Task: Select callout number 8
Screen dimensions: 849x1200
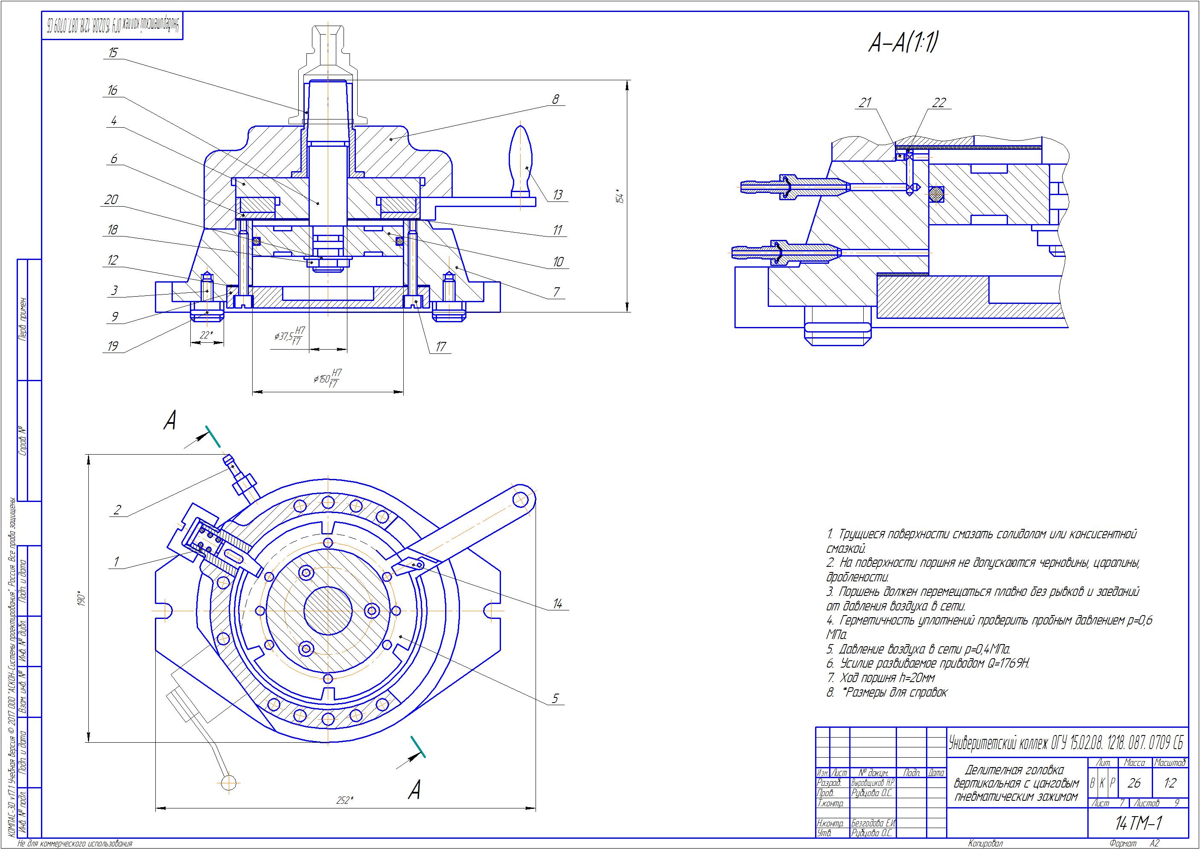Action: (x=556, y=99)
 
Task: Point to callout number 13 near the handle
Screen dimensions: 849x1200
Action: (x=558, y=195)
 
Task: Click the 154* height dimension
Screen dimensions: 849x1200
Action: (x=620, y=196)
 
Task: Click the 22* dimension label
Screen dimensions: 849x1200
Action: (x=207, y=335)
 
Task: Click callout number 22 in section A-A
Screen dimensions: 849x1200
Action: (x=939, y=102)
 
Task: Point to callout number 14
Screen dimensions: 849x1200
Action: (x=557, y=604)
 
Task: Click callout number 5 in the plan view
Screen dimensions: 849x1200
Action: (x=555, y=698)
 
